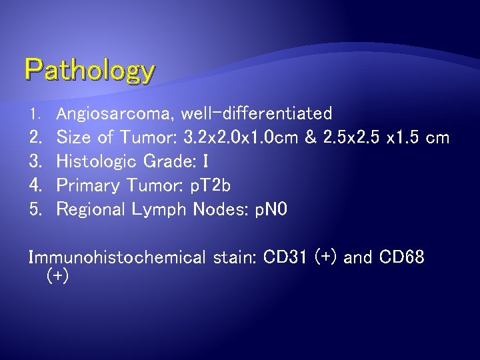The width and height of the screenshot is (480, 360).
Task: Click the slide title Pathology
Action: click(90, 71)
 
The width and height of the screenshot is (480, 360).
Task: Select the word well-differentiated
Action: click(256, 114)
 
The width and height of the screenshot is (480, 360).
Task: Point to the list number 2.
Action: click(35, 138)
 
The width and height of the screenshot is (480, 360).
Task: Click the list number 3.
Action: click(35, 161)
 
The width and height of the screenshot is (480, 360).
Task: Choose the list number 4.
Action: click(35, 185)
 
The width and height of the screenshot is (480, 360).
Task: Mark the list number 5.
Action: click(35, 209)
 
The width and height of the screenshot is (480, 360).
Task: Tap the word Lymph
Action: click(162, 209)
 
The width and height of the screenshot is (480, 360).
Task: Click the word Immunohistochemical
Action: click(117, 257)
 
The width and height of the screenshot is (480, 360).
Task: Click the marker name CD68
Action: click(401, 257)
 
